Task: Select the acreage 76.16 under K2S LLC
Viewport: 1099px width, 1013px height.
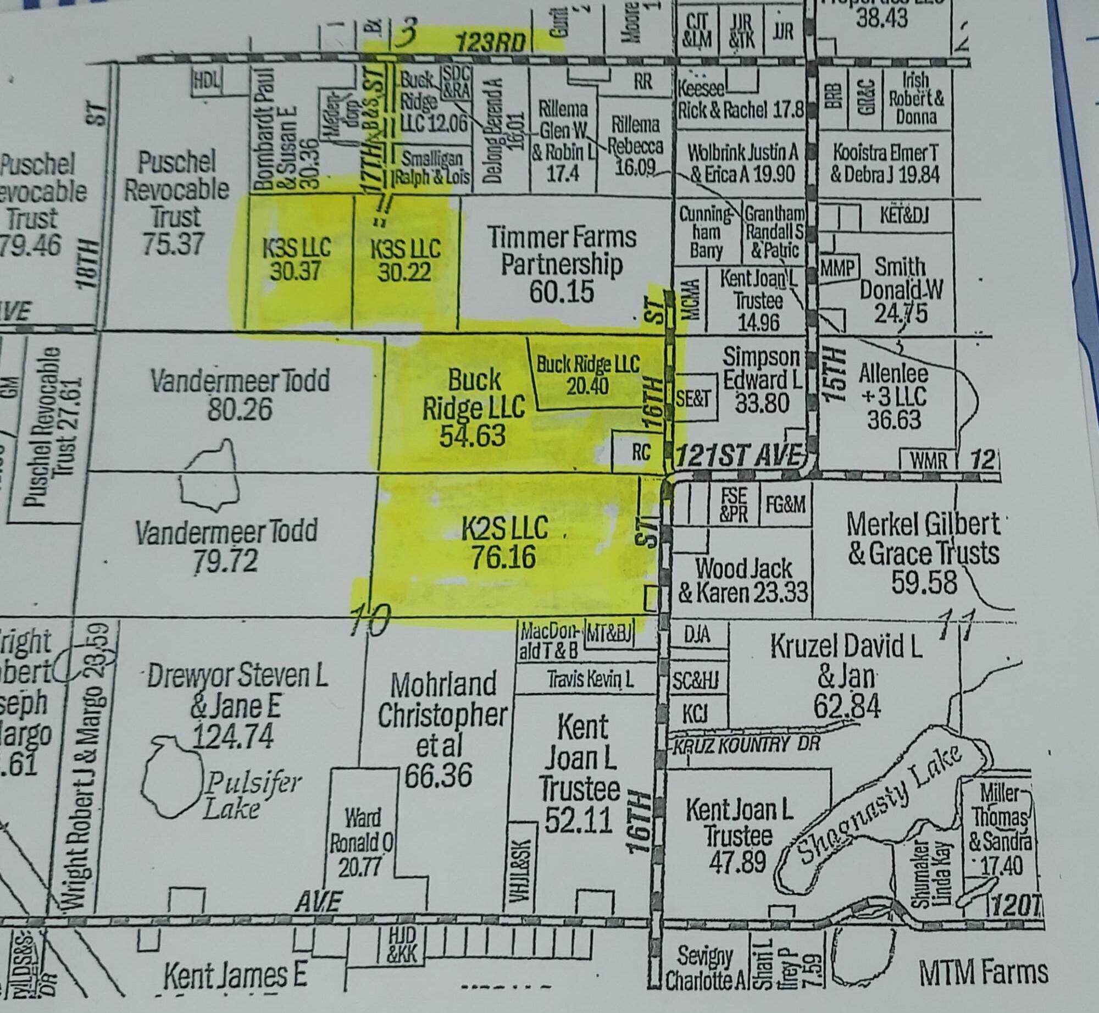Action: [504, 556]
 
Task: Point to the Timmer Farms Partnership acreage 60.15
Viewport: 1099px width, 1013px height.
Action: [562, 291]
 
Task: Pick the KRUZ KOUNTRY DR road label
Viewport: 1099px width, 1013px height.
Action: [746, 745]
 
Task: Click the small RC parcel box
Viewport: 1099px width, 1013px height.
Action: [640, 452]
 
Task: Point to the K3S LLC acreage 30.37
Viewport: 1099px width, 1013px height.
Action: [296, 271]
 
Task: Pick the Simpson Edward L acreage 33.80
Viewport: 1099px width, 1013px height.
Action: [762, 403]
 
